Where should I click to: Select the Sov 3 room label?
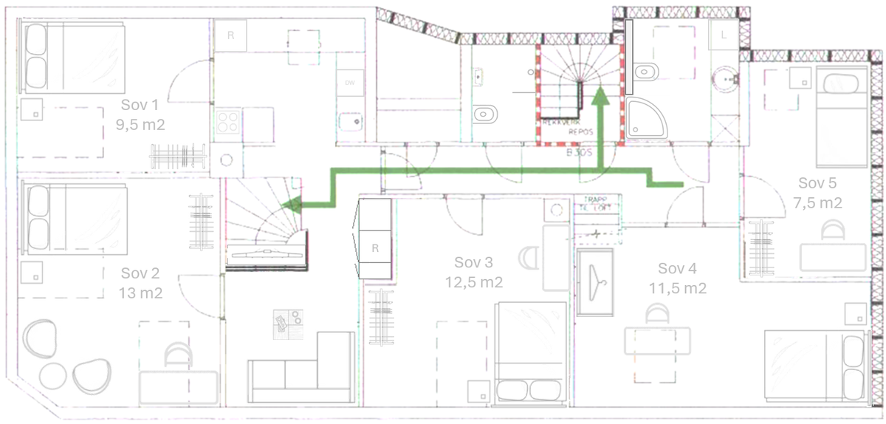coord(473,262)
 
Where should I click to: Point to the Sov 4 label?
coord(677,268)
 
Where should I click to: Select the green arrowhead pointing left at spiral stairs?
coord(292,205)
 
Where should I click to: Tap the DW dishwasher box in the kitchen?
coord(350,82)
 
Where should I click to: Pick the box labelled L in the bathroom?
coord(722,34)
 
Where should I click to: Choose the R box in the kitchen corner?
coord(230,35)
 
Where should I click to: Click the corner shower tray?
coord(645,119)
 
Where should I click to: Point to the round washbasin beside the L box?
coord(727,77)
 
